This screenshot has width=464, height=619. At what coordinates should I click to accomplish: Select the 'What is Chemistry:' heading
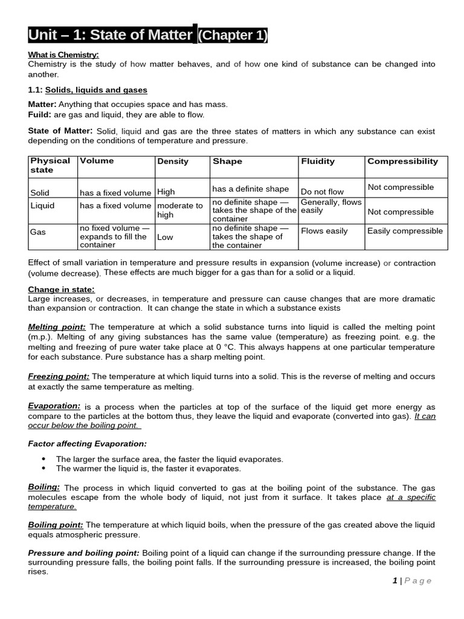(x=63, y=55)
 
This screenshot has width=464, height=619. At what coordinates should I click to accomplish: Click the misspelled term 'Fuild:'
(x=40, y=114)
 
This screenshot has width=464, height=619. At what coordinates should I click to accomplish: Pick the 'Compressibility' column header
(x=402, y=161)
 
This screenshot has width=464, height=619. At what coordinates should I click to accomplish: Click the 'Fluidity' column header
(x=318, y=161)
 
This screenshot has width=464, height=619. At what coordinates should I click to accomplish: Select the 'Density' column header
(x=173, y=161)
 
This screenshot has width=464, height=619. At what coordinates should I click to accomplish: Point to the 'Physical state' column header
(x=50, y=166)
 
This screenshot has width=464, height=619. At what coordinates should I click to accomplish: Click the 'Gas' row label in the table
(x=38, y=232)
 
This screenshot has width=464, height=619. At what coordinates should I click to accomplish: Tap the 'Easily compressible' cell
(x=405, y=231)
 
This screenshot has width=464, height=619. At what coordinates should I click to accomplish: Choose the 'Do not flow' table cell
(x=322, y=192)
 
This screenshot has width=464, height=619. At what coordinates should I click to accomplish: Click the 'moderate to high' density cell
(x=179, y=210)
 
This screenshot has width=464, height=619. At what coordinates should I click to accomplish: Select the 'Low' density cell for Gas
(x=165, y=237)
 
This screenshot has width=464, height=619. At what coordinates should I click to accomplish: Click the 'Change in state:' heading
(x=61, y=290)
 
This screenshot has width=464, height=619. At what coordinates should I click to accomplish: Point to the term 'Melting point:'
(x=57, y=326)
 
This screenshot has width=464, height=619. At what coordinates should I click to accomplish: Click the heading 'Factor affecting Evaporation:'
(x=87, y=444)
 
